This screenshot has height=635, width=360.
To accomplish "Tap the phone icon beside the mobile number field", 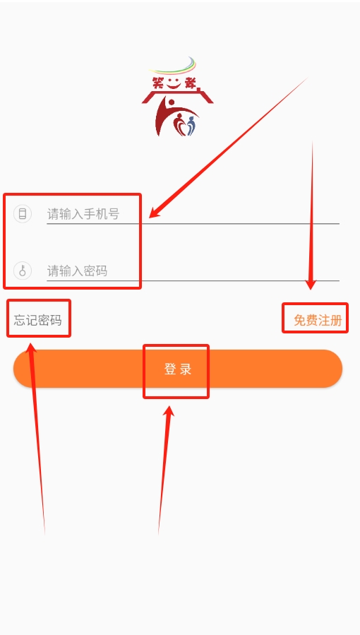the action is click(23, 213).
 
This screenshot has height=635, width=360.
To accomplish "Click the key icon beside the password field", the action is click(23, 271).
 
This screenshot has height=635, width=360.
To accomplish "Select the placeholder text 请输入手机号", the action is click(83, 213).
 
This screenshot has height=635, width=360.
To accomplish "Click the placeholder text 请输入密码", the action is click(77, 271).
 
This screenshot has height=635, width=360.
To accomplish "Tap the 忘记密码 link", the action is click(37, 320).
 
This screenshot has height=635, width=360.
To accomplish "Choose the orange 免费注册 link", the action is click(318, 320).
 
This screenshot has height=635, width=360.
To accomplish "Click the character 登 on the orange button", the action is click(170, 369).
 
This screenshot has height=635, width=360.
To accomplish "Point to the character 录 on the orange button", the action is click(186, 369).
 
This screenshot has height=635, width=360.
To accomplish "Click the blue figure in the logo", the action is click(191, 126).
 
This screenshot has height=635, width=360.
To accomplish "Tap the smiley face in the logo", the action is click(174, 84).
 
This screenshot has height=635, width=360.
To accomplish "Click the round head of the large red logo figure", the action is click(170, 102).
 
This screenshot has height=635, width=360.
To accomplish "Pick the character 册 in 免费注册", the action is click(337, 320).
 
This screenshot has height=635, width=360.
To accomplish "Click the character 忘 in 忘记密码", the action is click(20, 320).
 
